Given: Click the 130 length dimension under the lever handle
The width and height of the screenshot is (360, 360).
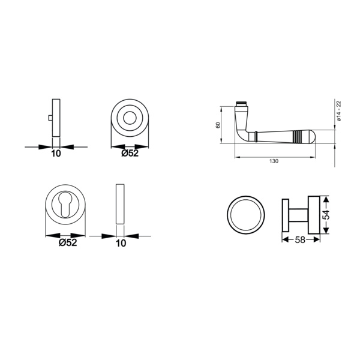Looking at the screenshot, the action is (274, 161).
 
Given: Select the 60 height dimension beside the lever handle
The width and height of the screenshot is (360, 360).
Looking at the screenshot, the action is (218, 125).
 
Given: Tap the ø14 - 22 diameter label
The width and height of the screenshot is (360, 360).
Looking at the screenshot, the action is (339, 111).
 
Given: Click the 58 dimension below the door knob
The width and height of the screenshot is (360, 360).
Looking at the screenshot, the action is (300, 240).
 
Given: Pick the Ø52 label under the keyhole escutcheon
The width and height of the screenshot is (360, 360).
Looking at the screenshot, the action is (68, 242).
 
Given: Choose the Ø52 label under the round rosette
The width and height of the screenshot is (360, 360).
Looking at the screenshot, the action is (130, 153).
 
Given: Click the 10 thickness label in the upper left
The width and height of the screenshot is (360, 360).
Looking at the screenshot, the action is (56, 154).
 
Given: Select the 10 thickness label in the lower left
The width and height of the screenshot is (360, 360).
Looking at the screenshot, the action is (121, 243).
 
